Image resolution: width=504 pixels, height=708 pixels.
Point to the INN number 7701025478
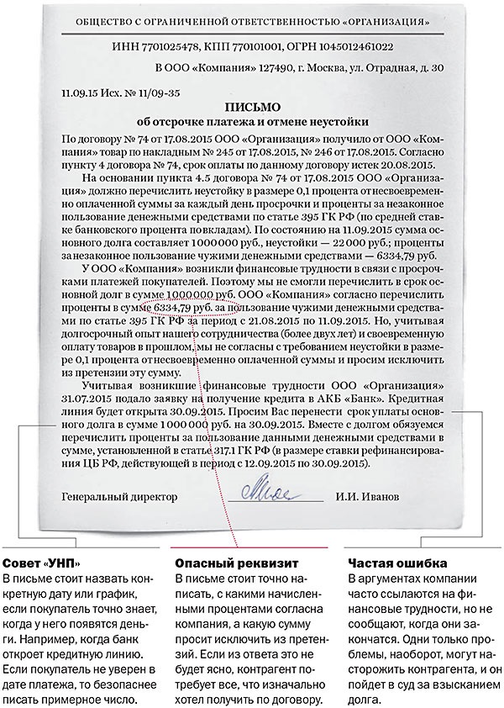pos(179,49)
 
